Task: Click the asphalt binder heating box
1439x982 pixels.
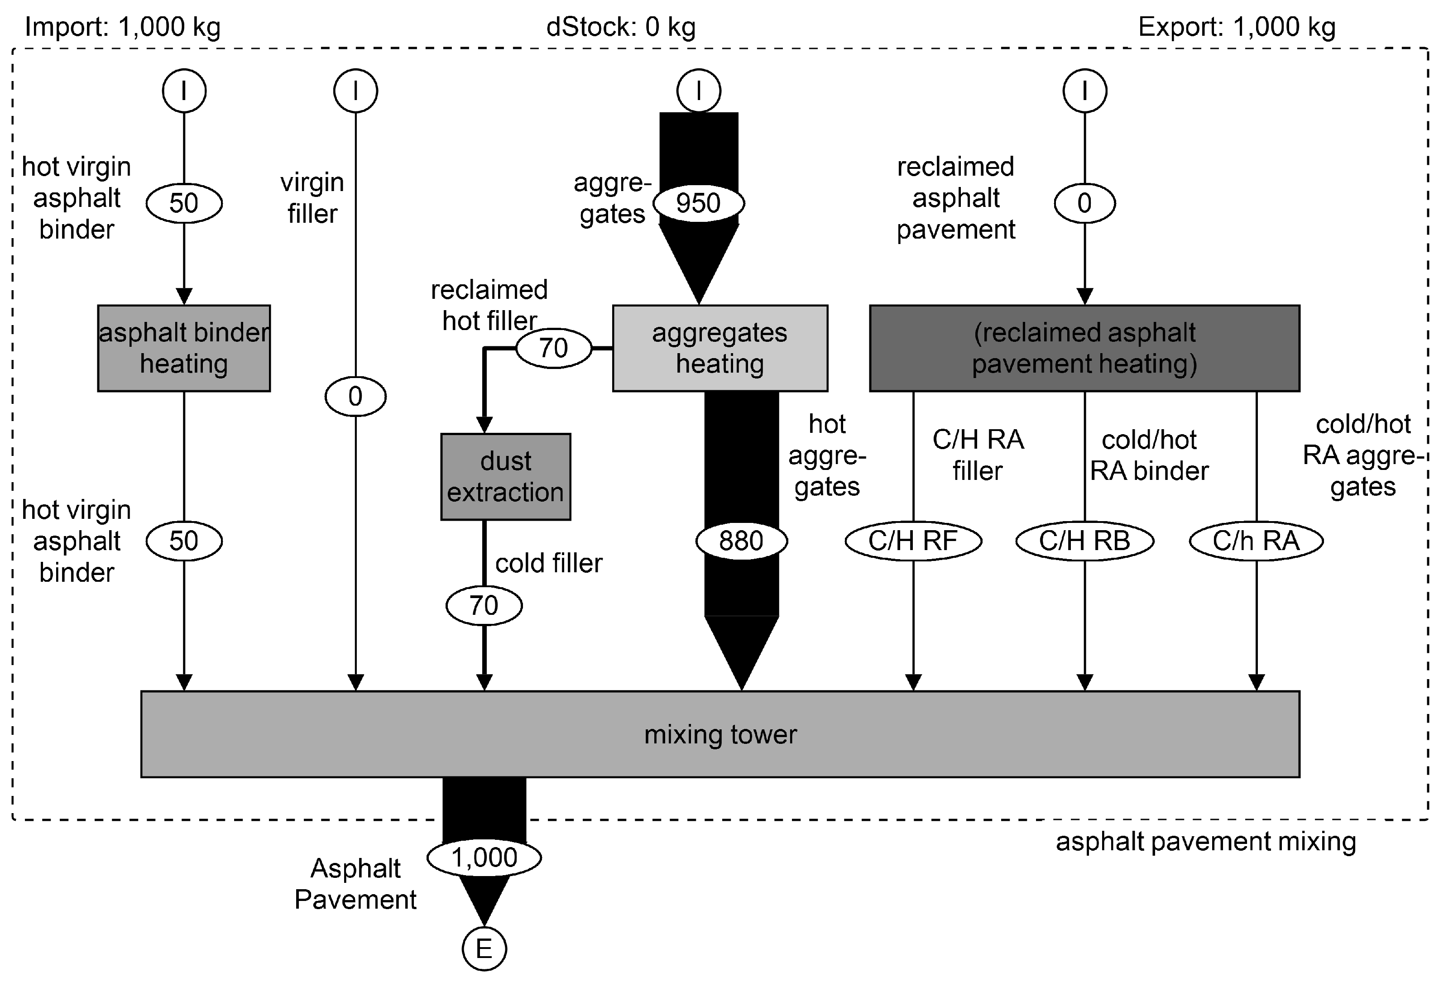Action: pos(184,348)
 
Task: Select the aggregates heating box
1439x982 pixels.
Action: pos(720,348)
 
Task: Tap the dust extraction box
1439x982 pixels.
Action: pos(505,477)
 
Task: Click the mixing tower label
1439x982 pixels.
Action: pos(720,734)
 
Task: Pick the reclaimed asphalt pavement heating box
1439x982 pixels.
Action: pos(1084,348)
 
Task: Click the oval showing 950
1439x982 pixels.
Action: pos(699,203)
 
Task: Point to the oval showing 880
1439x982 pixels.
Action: pos(741,541)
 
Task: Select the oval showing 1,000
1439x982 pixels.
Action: pos(484,857)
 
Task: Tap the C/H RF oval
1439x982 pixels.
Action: pos(913,541)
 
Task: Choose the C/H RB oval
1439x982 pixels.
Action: pos(1084,541)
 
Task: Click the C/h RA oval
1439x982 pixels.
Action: pos(1257,541)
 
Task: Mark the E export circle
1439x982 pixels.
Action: pos(484,948)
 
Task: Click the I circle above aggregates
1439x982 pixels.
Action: pos(699,91)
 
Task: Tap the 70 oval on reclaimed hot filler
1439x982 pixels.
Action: pos(554,348)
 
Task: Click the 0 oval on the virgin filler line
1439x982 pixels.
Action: pos(355,396)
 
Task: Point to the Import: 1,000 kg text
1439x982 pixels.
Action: pos(123,27)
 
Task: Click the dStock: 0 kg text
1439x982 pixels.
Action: pos(621,27)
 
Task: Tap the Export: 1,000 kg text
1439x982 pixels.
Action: pos(1237,27)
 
